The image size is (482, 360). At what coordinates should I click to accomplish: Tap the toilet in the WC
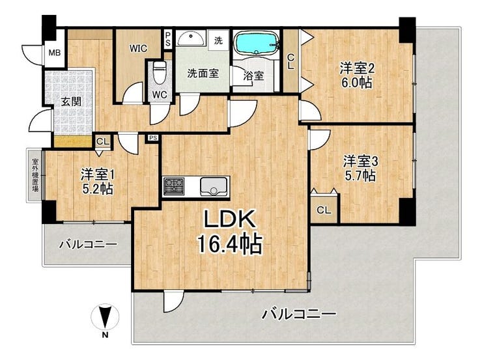pyautogui.click(x=159, y=72)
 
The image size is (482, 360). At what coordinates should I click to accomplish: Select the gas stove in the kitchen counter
pyautogui.click(x=174, y=186)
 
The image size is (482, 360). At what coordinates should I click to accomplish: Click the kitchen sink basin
pyautogui.click(x=213, y=186)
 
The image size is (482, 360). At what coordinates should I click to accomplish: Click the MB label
pyautogui.click(x=55, y=53)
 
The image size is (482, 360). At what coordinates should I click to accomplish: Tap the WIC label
pyautogui.click(x=138, y=49)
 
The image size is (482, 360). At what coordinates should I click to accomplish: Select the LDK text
pyautogui.click(x=230, y=219)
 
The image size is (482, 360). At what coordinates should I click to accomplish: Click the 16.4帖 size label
pyautogui.click(x=231, y=243)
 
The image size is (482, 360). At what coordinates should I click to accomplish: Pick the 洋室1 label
pyautogui.click(x=98, y=175)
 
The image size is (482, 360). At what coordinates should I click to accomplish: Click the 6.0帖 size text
pyautogui.click(x=356, y=83)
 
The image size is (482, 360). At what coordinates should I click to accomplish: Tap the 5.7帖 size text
pyautogui.click(x=360, y=176)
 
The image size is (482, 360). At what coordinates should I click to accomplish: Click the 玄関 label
pyautogui.click(x=71, y=102)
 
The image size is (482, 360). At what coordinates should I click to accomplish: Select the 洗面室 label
pyautogui.click(x=203, y=73)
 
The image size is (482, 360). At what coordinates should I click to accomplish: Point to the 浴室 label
pyautogui.click(x=253, y=76)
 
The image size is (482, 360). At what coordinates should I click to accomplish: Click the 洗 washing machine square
pyautogui.click(x=219, y=40)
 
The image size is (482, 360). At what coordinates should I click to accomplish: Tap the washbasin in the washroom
pyautogui.click(x=191, y=38)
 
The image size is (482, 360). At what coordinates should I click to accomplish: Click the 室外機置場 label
pyautogui.click(x=35, y=175)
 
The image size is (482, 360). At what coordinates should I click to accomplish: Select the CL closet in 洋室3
pyautogui.click(x=324, y=210)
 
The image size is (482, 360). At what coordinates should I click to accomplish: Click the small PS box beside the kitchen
pyautogui.click(x=153, y=138)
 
